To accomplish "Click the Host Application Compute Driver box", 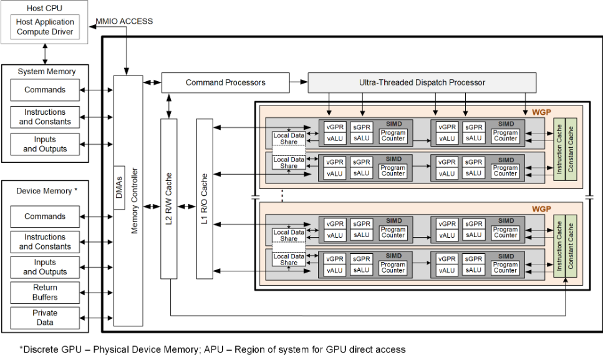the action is (45, 27).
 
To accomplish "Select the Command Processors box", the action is (225, 82).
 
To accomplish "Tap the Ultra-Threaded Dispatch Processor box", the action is (422, 82).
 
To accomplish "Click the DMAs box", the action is (119, 188).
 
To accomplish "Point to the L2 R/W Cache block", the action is (169, 198).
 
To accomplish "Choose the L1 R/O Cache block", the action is (205, 198).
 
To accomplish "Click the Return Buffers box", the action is (45, 293).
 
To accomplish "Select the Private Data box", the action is (45, 318).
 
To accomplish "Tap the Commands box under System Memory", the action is (45, 90).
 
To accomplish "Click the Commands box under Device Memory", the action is (45, 216).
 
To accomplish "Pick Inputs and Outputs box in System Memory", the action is (45, 144).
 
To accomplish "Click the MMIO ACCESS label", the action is (124, 21).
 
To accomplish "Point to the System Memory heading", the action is (47, 72).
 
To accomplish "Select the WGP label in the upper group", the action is (541, 112).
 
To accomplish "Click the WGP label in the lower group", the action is (541, 209).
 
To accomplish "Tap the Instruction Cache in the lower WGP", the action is (559, 246).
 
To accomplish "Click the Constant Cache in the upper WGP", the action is (571, 149).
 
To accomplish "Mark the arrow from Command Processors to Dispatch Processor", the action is (299, 82).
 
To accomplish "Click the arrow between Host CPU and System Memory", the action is (45, 54).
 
